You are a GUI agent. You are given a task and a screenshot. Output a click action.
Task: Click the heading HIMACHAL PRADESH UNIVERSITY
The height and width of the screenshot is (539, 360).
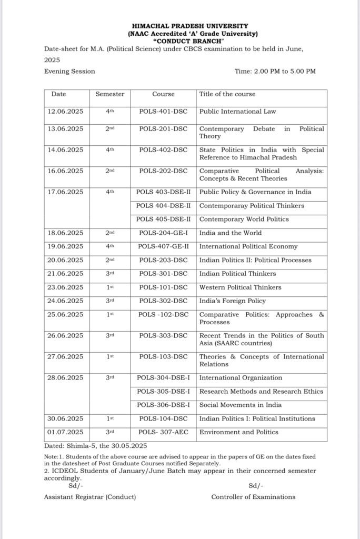(x=191, y=26)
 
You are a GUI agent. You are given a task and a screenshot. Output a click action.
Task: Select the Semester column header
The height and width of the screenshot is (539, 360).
(x=109, y=94)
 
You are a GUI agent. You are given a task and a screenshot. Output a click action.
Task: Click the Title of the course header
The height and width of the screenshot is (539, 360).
(x=227, y=94)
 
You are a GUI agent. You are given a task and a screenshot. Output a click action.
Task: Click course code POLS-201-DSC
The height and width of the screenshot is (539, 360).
(x=163, y=129)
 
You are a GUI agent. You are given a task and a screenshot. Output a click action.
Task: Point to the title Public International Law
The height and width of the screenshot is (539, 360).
(x=237, y=112)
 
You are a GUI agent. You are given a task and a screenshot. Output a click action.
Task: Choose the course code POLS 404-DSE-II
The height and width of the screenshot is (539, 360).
(x=163, y=206)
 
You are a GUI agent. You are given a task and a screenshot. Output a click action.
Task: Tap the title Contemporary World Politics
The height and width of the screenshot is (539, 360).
(x=244, y=219)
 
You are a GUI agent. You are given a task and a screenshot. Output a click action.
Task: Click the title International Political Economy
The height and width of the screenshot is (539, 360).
(x=248, y=247)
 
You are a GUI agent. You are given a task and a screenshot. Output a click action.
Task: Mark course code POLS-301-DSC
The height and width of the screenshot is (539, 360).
(x=163, y=274)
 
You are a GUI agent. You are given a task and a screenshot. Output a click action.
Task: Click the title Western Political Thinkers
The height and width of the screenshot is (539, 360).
(x=240, y=288)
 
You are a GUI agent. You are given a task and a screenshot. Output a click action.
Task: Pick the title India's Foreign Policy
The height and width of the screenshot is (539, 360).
(x=232, y=302)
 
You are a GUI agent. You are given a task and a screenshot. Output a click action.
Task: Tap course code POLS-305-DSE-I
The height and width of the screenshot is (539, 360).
(x=163, y=392)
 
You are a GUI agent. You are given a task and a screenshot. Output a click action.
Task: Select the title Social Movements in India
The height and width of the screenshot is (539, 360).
(x=240, y=405)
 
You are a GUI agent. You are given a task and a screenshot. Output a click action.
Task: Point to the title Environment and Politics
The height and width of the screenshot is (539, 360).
(x=239, y=433)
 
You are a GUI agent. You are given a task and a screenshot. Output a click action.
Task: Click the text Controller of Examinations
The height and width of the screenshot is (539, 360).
(x=253, y=497)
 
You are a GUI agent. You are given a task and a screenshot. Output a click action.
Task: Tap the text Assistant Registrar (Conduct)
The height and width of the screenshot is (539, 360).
(x=90, y=497)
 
